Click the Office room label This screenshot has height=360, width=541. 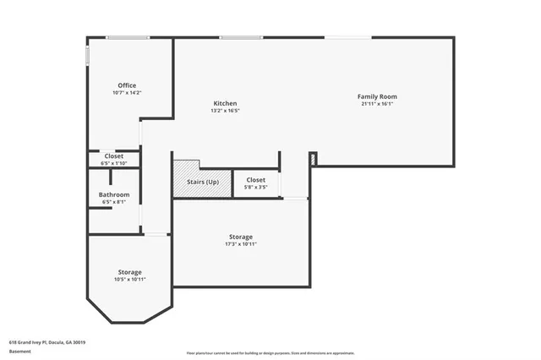point(127,85)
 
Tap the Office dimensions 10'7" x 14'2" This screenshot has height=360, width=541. point(127,93)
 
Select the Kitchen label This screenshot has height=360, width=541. point(225,103)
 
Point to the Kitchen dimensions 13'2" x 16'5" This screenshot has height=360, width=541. point(225,111)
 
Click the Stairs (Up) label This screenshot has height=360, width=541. point(202,182)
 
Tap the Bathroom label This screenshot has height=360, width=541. point(114,194)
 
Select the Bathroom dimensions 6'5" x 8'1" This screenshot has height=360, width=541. point(114,202)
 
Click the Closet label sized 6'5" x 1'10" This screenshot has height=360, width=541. point(114,155)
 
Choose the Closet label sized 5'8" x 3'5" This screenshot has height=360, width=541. point(255,180)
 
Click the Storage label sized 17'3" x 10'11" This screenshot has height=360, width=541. point(240,237)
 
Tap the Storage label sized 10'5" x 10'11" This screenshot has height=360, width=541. point(129,272)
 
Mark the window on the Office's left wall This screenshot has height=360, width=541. point(87,55)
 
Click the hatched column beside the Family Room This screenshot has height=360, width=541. point(313,158)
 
